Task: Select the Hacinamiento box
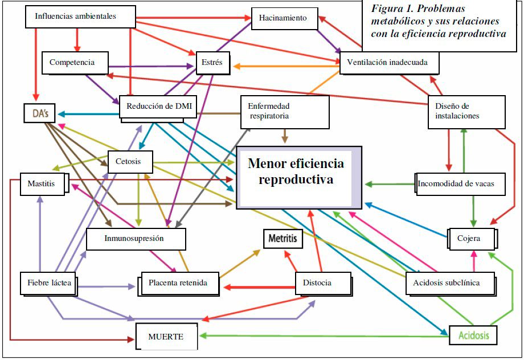click(283, 18)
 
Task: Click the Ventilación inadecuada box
click(389, 62)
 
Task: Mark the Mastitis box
click(43, 184)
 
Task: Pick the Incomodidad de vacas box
click(460, 184)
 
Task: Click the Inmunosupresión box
click(136, 239)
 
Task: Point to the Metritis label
click(283, 239)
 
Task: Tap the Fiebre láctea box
click(48, 283)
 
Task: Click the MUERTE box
click(166, 336)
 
